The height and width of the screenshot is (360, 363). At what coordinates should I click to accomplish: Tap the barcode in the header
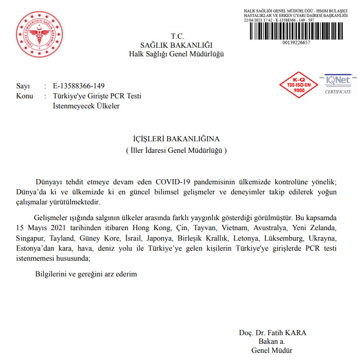pos(296,31)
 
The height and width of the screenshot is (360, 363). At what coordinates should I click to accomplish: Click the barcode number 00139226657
pos(296,42)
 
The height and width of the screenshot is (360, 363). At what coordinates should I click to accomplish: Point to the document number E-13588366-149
pos(79,86)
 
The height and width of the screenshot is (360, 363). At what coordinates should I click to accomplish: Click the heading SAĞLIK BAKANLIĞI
pos(176,45)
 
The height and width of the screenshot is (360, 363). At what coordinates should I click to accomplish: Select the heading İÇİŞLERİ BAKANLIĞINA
pos(176,139)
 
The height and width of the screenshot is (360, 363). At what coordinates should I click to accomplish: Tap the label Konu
pos(25,96)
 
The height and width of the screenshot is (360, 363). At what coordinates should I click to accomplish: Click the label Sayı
pos(23,86)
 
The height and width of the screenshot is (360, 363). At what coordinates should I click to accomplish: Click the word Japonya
pos(161,238)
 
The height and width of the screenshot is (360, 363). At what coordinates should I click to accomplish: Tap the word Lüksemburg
pos(286,238)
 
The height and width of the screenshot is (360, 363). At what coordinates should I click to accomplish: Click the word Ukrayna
pos(324,238)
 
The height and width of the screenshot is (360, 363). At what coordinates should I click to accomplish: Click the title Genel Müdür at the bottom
pos(272,351)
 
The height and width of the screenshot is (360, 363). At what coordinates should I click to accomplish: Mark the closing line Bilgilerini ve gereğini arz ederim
pos(86,274)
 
